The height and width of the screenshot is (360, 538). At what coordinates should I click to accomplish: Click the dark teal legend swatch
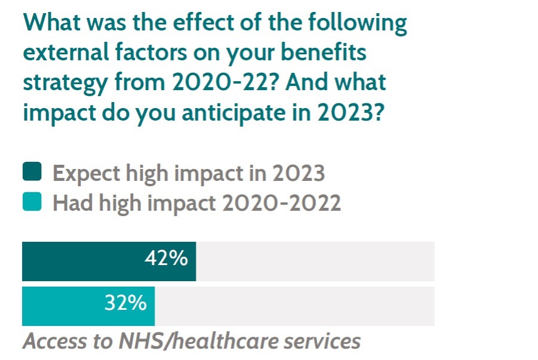[32, 173]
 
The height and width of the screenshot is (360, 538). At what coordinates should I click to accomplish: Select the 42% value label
[166, 260]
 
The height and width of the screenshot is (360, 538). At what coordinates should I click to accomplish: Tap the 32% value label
[125, 303]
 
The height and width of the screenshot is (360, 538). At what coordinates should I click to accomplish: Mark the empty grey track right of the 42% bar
[315, 261]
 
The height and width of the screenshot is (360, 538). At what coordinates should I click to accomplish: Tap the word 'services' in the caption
[325, 341]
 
